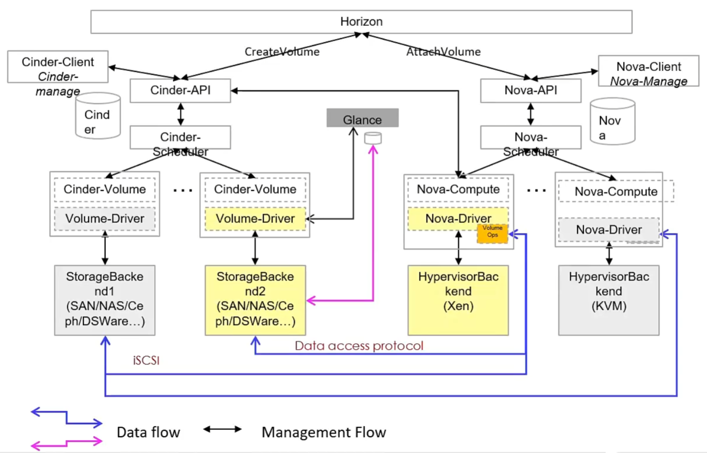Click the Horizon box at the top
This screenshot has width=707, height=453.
coord(361,22)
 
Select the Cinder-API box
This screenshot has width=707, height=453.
coord(180,90)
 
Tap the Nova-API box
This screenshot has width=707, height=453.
coord(530,90)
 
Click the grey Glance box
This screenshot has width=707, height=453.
coord(362,119)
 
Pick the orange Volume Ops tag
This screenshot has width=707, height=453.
coord(493,232)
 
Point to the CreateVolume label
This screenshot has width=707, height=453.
coord(282,52)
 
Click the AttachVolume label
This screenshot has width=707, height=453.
coord(443,52)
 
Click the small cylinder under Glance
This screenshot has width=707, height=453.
coord(373,138)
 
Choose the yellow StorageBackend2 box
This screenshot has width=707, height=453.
coord(255,300)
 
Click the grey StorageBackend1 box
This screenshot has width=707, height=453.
coord(105,300)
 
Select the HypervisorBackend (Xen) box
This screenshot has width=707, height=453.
coord(458,300)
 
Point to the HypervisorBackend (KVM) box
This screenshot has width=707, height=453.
coord(609,300)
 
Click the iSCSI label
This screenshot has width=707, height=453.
coord(146,361)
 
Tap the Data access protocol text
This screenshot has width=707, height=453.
coord(359,346)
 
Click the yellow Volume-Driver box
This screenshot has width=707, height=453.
coord(255,219)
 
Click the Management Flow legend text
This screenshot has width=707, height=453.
coord(324,433)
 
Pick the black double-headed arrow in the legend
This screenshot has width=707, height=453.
coord(222,429)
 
